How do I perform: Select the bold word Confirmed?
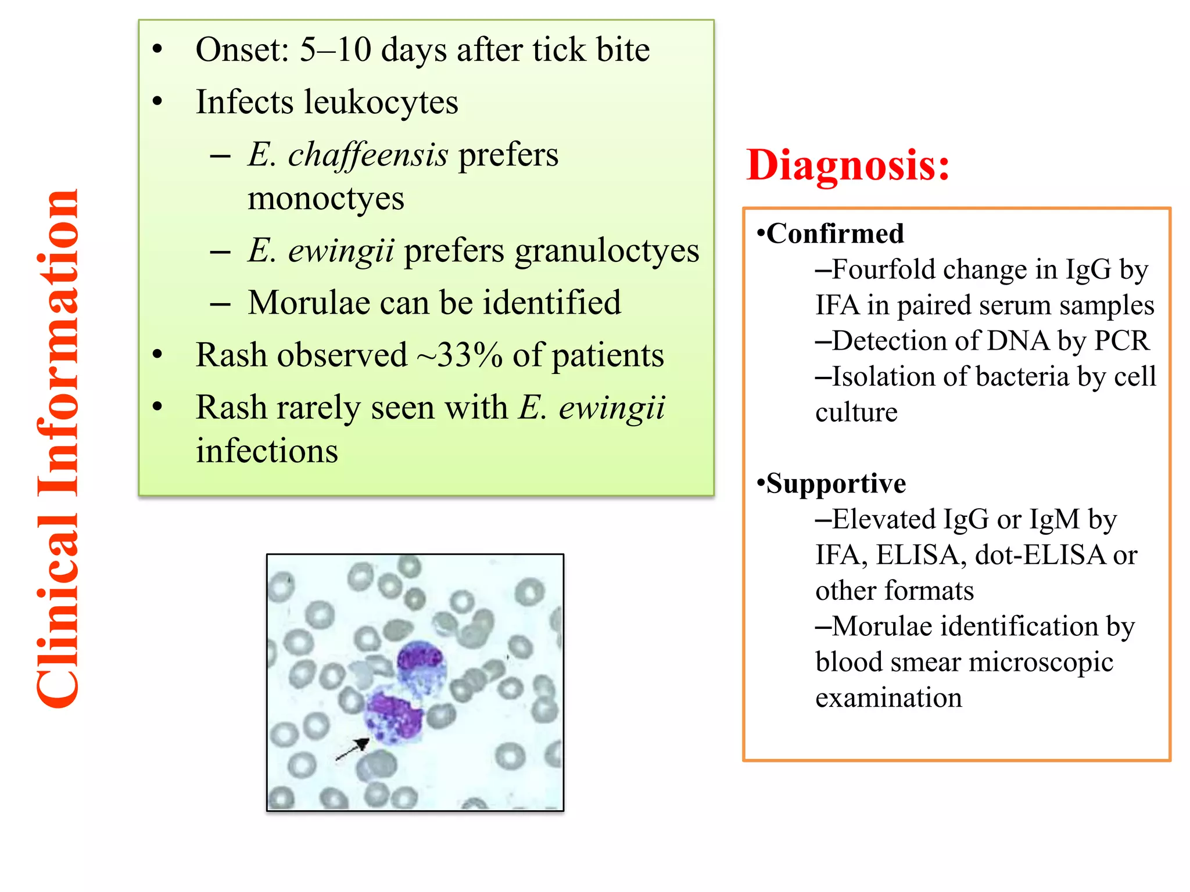click(835, 233)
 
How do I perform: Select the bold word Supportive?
click(836, 484)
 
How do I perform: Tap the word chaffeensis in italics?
click(368, 156)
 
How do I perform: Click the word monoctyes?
click(325, 199)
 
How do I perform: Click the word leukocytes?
click(381, 103)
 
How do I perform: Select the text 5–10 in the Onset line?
click(335, 50)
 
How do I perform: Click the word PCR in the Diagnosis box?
click(1121, 341)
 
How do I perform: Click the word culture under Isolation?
click(856, 413)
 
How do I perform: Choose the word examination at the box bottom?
click(888, 698)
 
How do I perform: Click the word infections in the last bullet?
click(267, 452)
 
